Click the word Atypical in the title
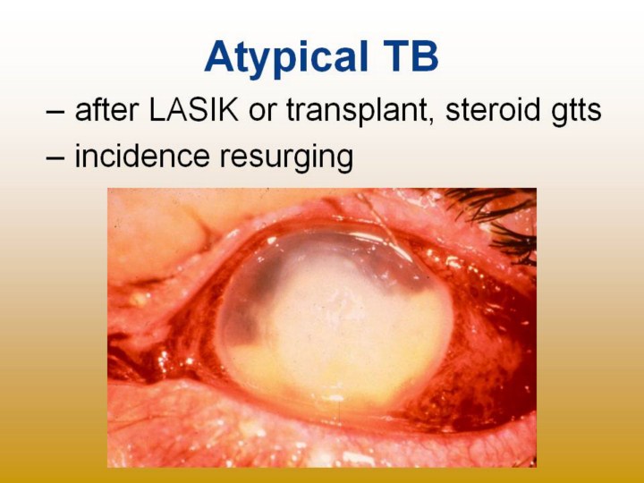tap(286, 57)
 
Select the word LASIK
tap(193, 110)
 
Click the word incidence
tap(141, 156)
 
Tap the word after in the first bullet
tap(106, 110)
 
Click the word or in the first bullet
tap(262, 113)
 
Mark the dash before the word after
tap(55, 112)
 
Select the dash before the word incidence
tap(55, 157)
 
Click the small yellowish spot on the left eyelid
tap(138, 299)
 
